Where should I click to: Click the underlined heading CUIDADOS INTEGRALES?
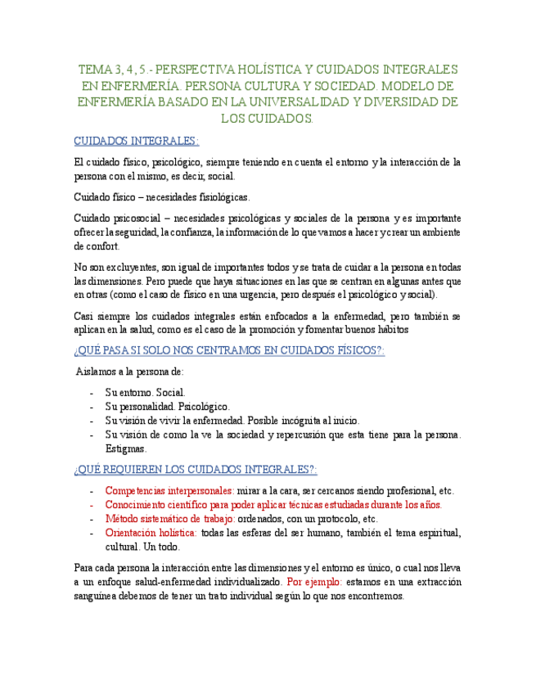coord(136,141)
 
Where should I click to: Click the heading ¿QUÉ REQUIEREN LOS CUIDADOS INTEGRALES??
coord(195,470)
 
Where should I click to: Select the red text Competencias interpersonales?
coord(169,491)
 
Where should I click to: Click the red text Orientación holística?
coord(151,533)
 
